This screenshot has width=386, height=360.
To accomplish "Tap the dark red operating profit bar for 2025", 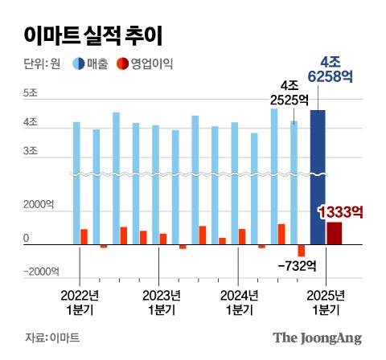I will (x=334, y=233).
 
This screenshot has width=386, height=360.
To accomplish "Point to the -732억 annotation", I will (x=297, y=265).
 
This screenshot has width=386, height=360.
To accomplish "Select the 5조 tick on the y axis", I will (x=31, y=94).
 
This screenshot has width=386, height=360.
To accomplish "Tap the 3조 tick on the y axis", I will (x=31, y=151).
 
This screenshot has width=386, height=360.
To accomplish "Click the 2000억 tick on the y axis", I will (x=37, y=206).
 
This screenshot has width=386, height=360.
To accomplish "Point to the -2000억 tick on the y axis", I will (x=37, y=271).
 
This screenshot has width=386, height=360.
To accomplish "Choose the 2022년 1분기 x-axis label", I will (x=80, y=301).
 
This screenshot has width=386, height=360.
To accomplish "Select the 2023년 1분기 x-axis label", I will (x=159, y=301).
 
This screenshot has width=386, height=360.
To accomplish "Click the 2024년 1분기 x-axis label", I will (x=239, y=301).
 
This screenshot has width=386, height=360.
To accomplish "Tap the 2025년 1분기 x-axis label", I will (x=325, y=301).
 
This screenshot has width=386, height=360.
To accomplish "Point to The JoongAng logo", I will (x=317, y=337).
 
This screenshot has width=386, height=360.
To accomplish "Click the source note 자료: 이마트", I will (x=52, y=337).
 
